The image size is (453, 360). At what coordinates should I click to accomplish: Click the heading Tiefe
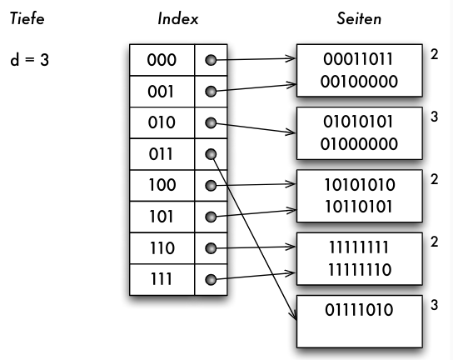click(27, 19)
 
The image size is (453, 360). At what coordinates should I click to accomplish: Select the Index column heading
click(178, 19)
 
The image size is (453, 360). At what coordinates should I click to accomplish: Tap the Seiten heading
click(359, 19)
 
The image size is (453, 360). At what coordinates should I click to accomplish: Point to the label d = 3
click(29, 60)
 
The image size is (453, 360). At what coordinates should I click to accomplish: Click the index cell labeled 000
click(162, 60)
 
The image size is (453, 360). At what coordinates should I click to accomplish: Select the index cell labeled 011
click(162, 154)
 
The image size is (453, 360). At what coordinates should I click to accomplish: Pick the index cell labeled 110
click(162, 248)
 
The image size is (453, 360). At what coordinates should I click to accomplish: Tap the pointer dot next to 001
click(211, 92)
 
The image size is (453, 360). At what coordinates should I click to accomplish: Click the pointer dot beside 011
click(211, 154)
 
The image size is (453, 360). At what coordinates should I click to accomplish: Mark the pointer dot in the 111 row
click(211, 280)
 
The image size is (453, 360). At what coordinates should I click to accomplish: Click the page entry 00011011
click(358, 59)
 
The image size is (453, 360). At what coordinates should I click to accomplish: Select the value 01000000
click(359, 144)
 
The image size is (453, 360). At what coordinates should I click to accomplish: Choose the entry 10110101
click(359, 207)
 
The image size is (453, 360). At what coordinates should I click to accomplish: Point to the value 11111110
click(360, 269)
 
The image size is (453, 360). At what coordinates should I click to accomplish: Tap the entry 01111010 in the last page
click(359, 310)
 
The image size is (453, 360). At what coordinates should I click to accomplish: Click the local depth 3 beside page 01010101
click(434, 117)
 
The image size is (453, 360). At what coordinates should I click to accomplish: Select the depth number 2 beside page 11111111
click(434, 242)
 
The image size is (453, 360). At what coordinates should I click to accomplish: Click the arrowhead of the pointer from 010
click(291, 132)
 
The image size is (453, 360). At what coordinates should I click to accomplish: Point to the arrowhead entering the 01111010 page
click(294, 315)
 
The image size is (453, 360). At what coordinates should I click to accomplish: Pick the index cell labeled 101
click(162, 217)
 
